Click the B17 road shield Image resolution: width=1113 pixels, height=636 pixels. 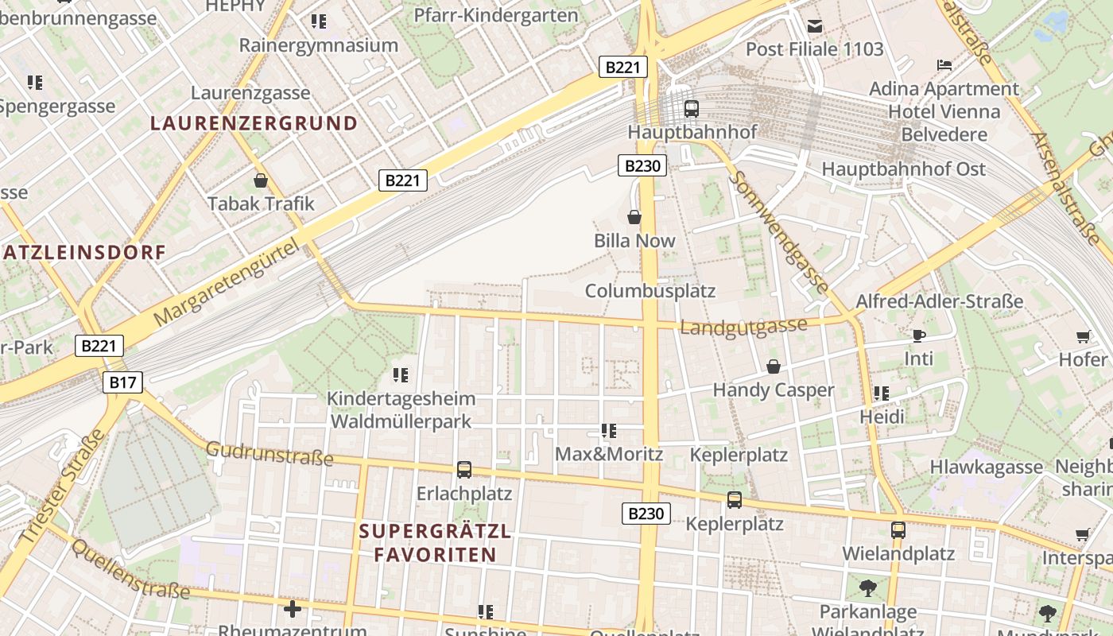click(x=122, y=382)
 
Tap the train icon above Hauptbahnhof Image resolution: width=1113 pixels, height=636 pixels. click(x=691, y=108)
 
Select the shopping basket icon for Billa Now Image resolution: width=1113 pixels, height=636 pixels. click(x=634, y=216)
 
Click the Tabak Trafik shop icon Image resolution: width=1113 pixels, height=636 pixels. click(x=260, y=180)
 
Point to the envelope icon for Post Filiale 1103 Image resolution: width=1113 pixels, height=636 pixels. click(x=815, y=26)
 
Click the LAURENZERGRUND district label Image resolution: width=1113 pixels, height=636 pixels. click(x=254, y=123)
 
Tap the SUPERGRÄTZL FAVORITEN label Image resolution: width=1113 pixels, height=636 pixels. click(x=435, y=543)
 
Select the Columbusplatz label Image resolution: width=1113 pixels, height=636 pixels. click(x=650, y=291)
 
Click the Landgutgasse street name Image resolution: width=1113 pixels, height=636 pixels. click(x=743, y=326)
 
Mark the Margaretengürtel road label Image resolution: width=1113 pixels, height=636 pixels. click(x=229, y=283)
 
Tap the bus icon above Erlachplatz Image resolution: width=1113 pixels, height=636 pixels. click(x=464, y=469)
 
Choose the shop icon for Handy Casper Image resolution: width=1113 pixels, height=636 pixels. click(x=773, y=366)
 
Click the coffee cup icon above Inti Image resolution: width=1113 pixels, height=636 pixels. click(x=919, y=335)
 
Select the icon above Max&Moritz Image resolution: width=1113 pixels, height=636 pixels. click(x=609, y=431)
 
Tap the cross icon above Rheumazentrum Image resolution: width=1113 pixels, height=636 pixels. click(x=293, y=609)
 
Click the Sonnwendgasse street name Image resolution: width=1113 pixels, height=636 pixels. click(x=779, y=231)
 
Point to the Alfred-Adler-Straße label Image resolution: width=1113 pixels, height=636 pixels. click(x=939, y=302)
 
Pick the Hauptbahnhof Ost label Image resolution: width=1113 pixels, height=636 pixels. click(x=903, y=169)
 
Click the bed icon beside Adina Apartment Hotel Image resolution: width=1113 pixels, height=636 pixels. click(x=944, y=64)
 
